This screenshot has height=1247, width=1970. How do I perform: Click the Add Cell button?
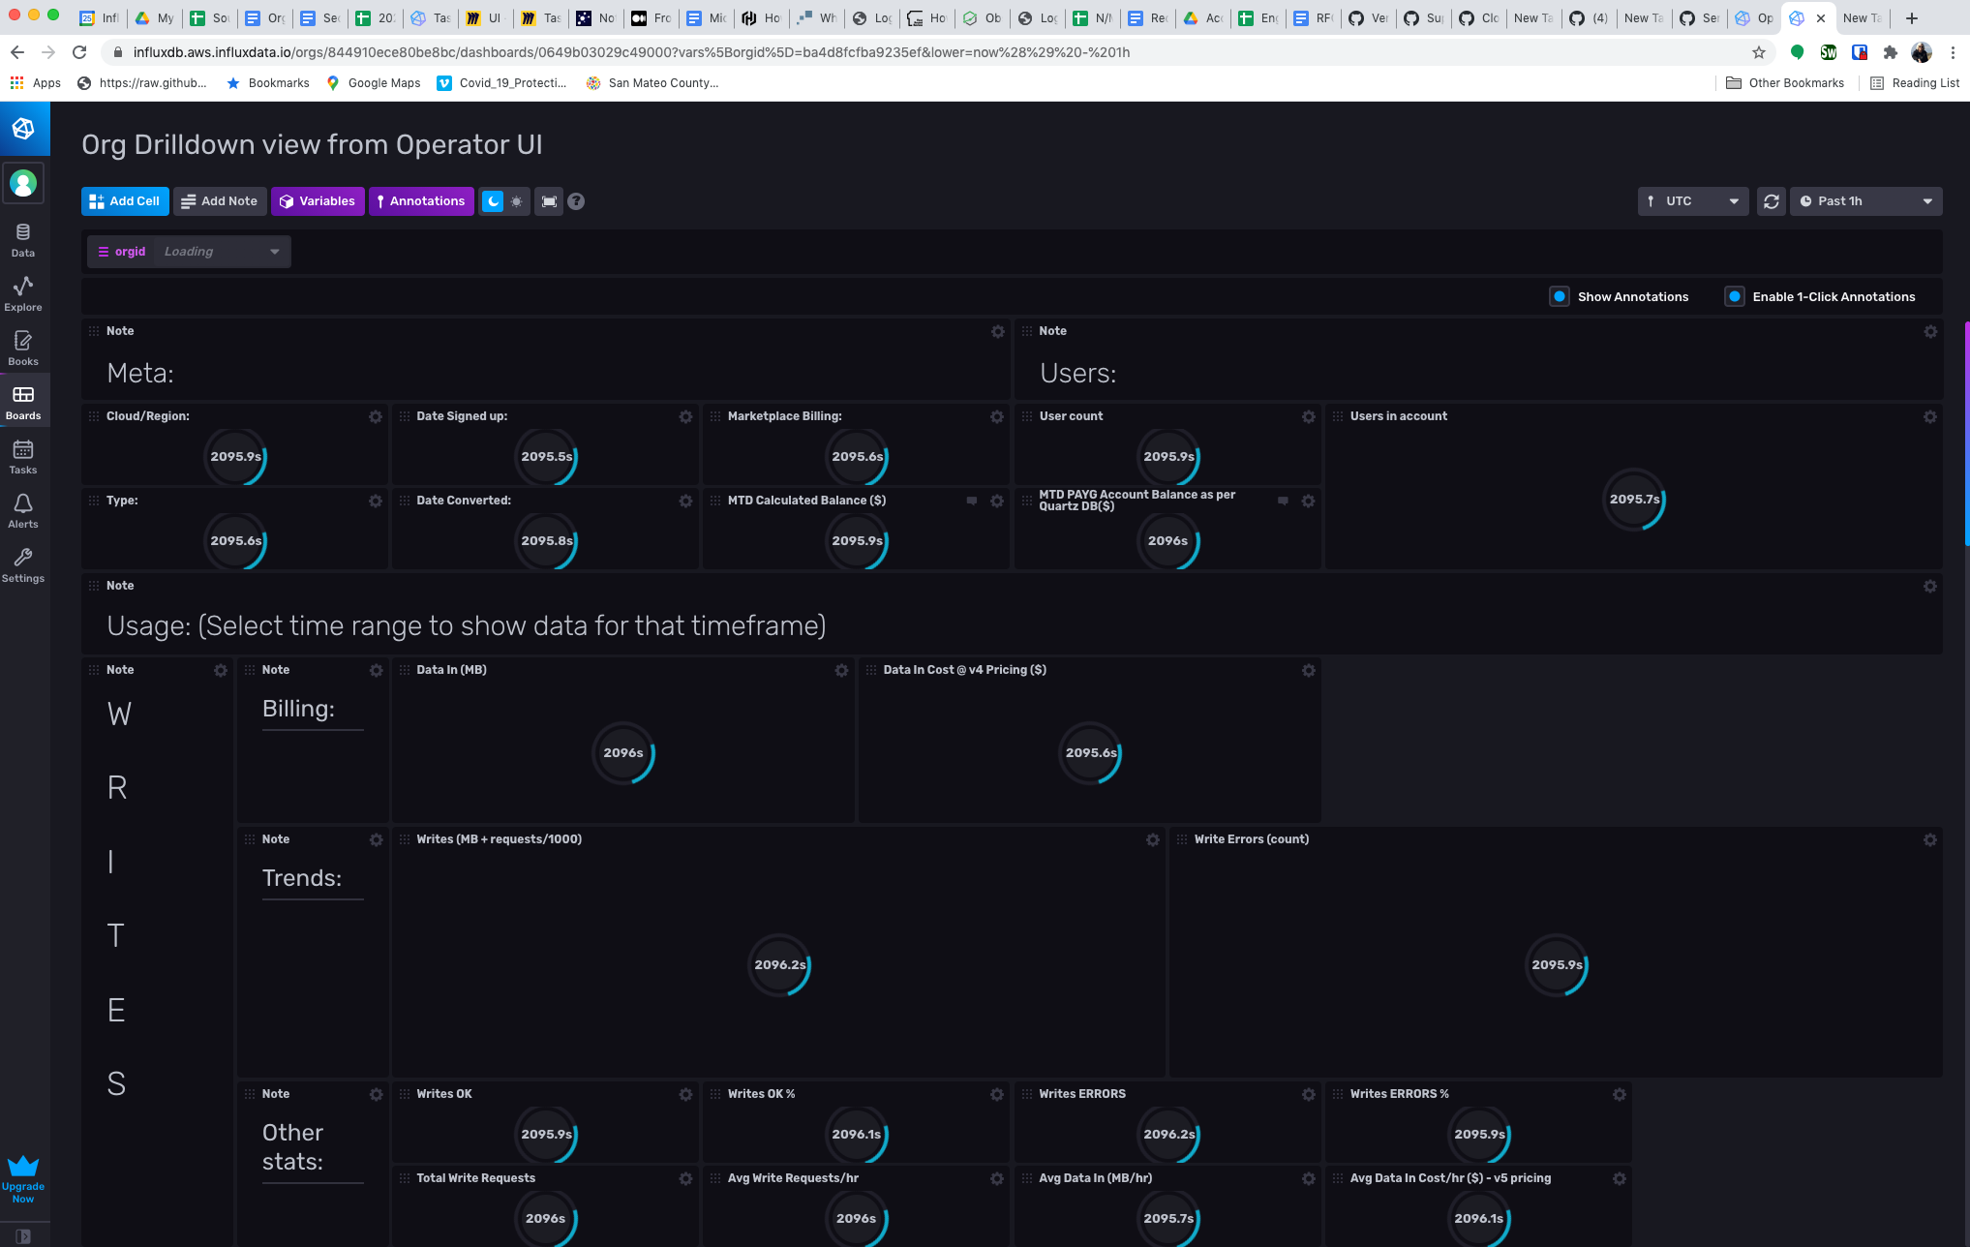125,201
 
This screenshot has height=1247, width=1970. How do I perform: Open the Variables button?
318,201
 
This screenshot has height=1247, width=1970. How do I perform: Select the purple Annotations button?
421,201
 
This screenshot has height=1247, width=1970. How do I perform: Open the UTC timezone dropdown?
1692,201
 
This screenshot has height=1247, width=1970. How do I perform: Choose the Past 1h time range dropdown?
1864,201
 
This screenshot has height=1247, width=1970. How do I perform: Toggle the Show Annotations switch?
1560,297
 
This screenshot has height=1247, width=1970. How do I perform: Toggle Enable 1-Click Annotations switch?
1735,297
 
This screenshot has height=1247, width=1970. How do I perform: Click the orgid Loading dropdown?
189,252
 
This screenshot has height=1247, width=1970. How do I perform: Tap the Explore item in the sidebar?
23,293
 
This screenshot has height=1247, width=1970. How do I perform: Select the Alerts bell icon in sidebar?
23,510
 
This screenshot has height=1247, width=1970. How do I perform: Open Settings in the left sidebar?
23,564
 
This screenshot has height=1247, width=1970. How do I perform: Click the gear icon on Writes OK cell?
685,1094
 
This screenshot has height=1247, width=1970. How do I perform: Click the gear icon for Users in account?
1929,416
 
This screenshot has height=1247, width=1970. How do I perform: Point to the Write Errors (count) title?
1251,839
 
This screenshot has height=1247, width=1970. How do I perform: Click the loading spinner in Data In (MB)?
623,753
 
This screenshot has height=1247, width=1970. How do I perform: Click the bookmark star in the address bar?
1759,52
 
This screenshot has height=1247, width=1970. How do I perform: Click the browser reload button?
80,52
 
